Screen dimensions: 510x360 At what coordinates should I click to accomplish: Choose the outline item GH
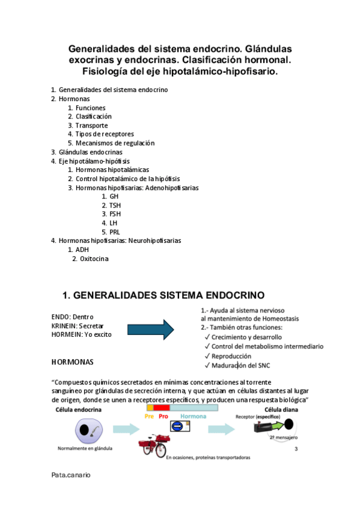[x=114, y=197]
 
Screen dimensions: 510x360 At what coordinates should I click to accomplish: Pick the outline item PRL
[x=115, y=232]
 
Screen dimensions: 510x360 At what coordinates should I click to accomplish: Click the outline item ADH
[x=82, y=250]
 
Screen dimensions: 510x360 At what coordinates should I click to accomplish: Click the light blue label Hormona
[x=193, y=416]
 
